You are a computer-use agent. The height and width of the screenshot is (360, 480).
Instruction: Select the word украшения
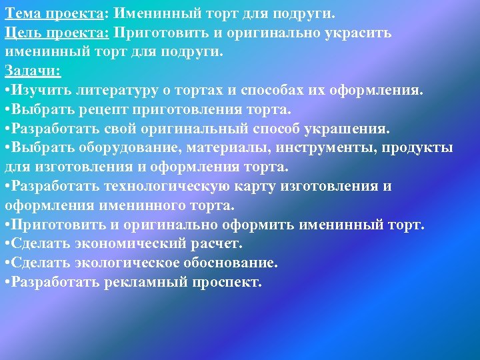pos(351,128)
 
